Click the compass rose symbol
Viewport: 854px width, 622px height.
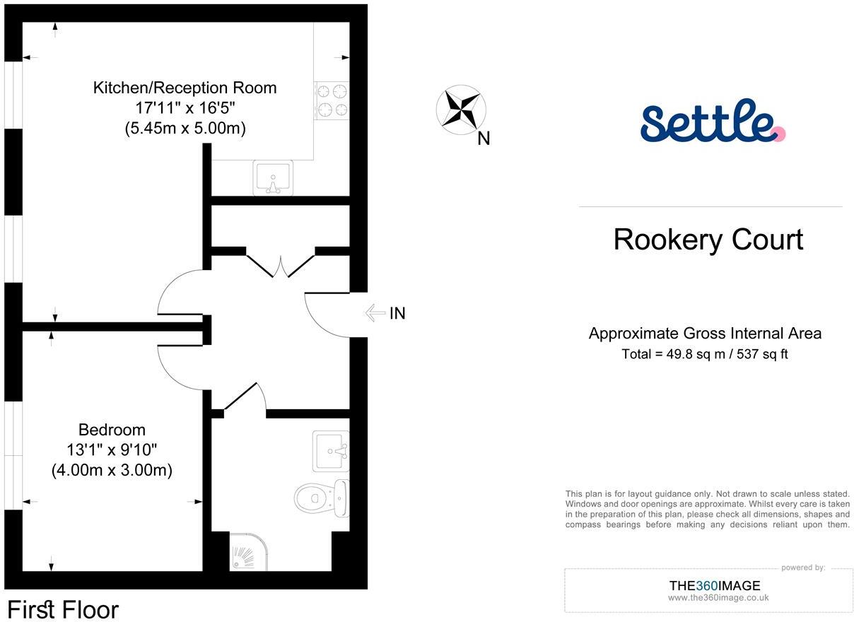tap(461, 109)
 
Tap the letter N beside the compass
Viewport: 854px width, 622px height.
tap(484, 139)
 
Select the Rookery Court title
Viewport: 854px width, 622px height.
tap(708, 240)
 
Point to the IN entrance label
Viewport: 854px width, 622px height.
tap(398, 313)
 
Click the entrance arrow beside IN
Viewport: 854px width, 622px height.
tap(374, 313)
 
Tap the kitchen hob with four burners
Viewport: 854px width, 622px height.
tap(332, 100)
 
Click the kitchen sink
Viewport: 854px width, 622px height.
tap(272, 177)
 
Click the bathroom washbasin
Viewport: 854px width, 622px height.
tap(331, 451)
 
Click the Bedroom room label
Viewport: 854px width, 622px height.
tap(112, 430)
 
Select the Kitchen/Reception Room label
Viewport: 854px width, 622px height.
tap(185, 88)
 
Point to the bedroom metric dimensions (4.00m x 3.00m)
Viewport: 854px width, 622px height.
tap(112, 470)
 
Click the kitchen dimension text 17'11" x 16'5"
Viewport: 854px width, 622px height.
tap(185, 108)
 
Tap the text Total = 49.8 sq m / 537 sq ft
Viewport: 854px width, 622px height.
tap(704, 354)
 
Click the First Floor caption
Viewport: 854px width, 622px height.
tap(63, 609)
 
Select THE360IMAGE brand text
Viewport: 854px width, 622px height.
tap(715, 585)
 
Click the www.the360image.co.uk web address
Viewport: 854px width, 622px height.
tap(718, 598)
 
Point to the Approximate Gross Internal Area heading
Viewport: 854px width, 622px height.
tap(705, 334)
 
